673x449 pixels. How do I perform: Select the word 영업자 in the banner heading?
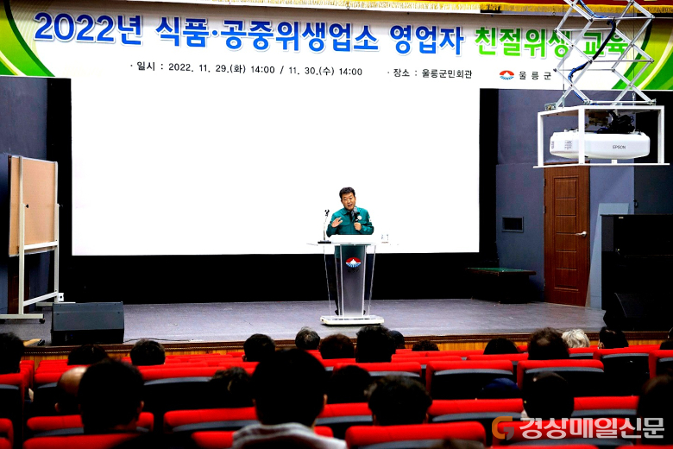[426, 39]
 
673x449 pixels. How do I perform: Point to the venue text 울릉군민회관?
[447, 73]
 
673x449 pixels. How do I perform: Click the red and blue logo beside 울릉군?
[506, 75]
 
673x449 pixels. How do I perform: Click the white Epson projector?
[600, 145]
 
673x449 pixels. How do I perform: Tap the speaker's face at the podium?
[347, 199]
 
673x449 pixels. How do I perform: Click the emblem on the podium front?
[353, 262]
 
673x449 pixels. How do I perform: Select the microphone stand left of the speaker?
[325, 226]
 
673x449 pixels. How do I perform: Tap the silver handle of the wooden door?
[582, 234]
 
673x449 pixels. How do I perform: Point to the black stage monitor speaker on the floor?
[87, 323]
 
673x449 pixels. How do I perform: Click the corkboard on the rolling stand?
[33, 206]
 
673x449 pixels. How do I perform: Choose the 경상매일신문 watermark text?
[592, 427]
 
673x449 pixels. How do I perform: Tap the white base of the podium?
[352, 319]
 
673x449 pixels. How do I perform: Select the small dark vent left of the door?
[513, 224]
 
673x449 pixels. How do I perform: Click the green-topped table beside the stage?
[501, 271]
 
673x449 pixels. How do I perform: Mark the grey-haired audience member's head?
[576, 338]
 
